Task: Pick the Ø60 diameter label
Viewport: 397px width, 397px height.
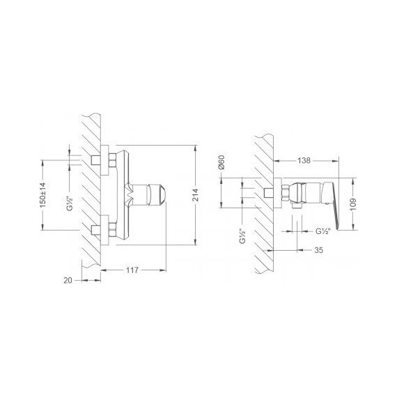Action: (220, 163)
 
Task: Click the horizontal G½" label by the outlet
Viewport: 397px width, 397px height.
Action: (322, 231)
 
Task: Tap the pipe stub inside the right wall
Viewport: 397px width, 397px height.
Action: (267, 192)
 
